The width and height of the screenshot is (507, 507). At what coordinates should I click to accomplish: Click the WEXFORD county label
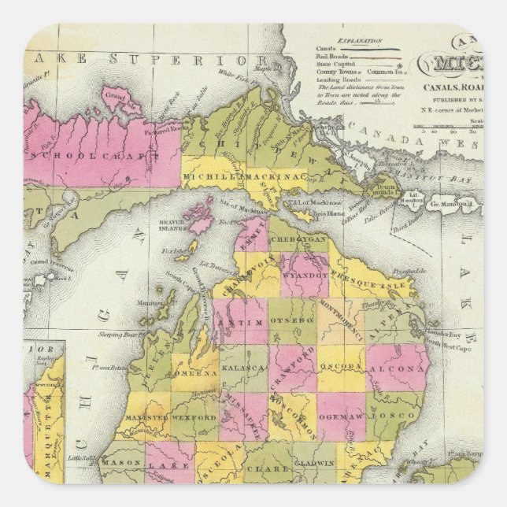(x=192, y=416)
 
